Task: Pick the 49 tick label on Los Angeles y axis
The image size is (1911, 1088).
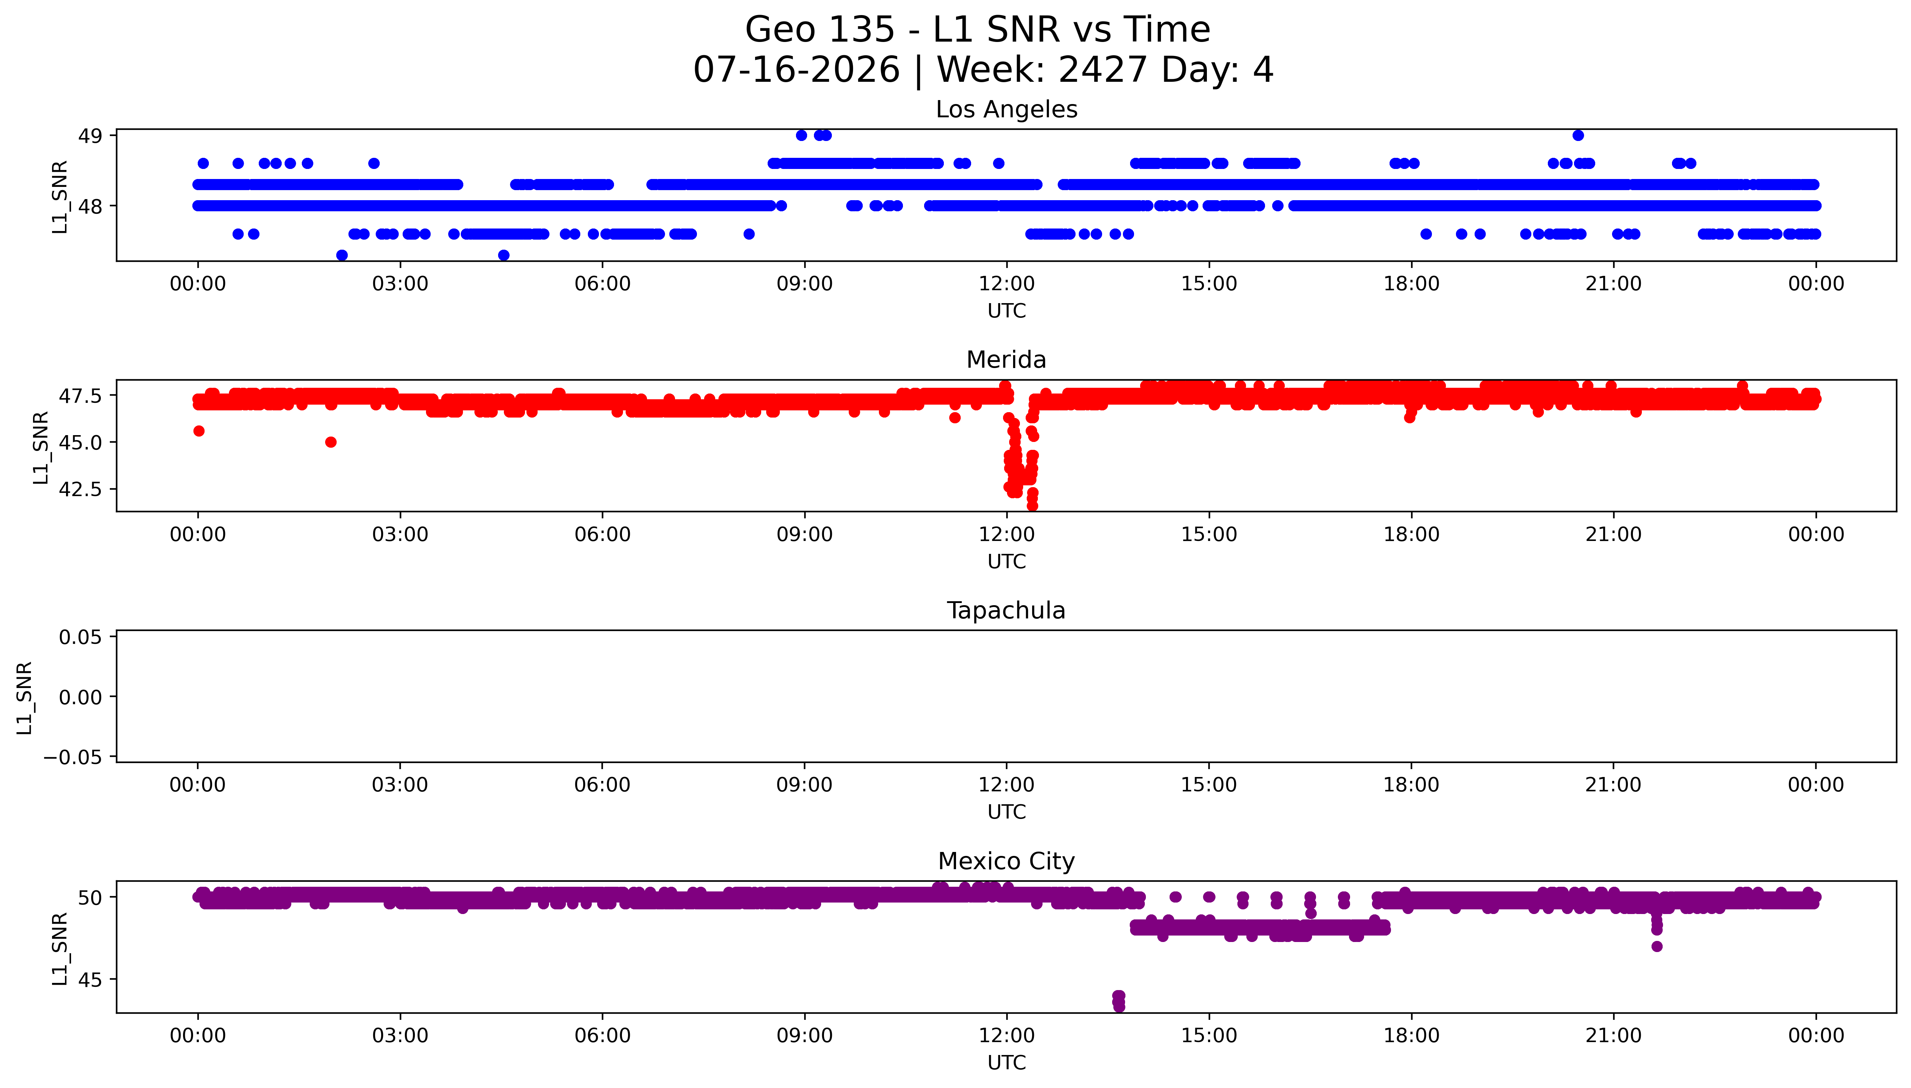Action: pos(90,136)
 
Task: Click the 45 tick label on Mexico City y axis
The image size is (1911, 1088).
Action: pos(90,980)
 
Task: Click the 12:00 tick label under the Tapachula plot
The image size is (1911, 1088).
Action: pos(1007,785)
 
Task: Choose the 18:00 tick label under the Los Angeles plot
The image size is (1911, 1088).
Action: pos(1411,284)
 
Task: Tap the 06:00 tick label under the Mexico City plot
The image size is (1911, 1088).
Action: pos(603,1036)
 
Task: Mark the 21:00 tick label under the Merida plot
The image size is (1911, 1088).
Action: pos(1613,534)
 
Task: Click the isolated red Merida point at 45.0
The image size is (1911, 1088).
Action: pos(331,442)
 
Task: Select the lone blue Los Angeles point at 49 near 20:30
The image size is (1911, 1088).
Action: pos(1578,135)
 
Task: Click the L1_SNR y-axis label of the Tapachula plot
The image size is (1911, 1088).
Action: pos(25,697)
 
